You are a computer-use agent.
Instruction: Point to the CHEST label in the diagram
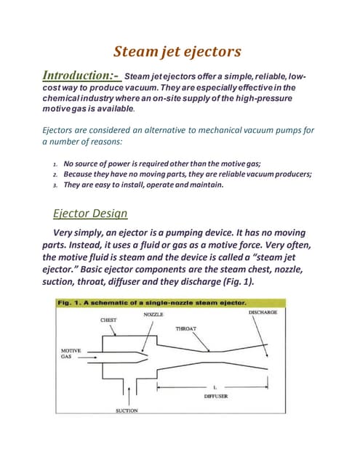(x=108, y=320)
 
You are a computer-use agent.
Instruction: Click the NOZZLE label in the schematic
(x=153, y=314)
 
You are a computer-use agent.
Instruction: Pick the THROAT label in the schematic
(x=186, y=328)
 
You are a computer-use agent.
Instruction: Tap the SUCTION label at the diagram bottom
(x=127, y=411)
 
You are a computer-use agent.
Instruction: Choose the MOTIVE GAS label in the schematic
(x=71, y=354)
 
